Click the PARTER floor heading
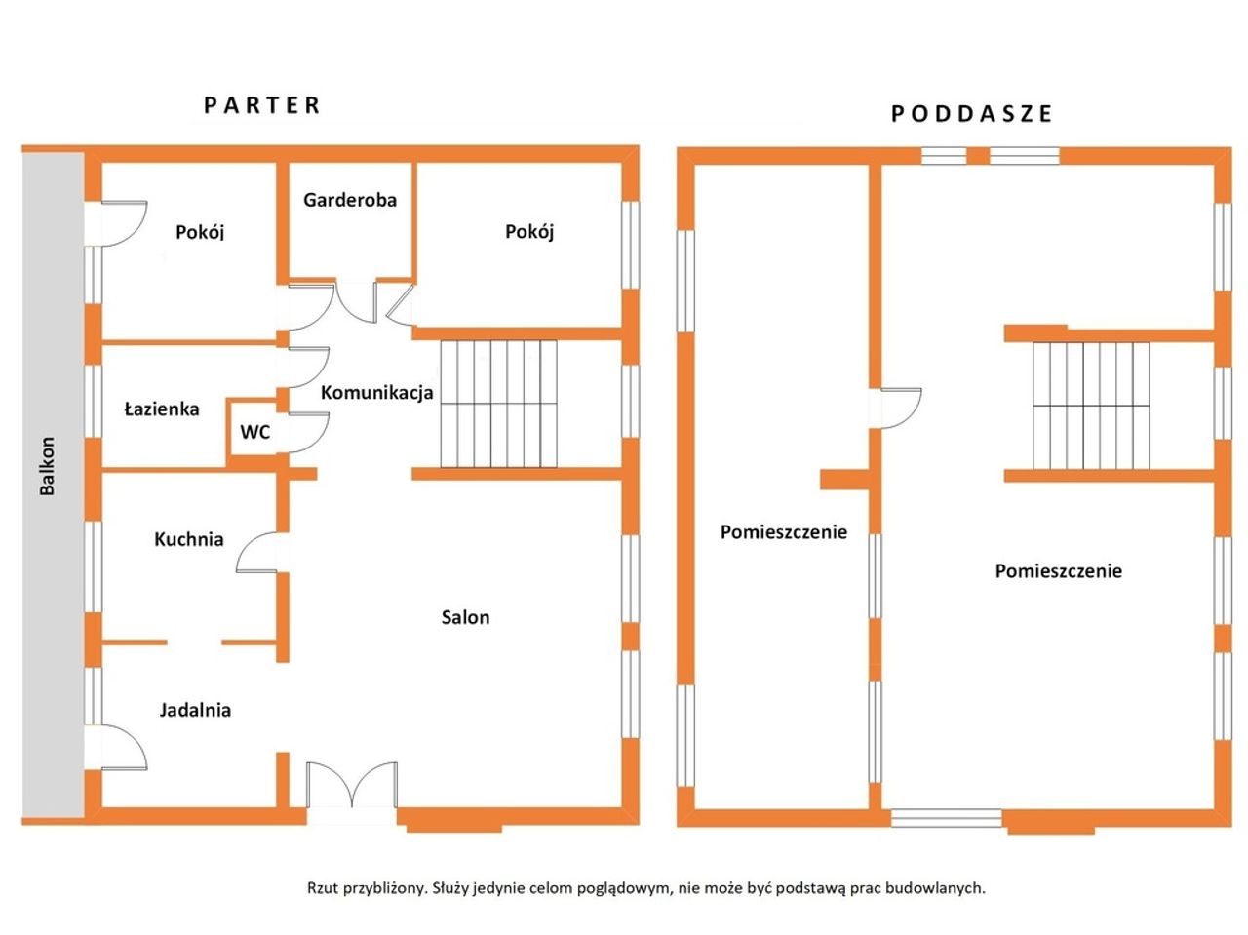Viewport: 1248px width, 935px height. point(261,105)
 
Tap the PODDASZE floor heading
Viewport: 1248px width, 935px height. point(970,114)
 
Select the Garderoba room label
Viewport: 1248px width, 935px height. point(350,200)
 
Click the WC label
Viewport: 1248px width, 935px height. point(254,432)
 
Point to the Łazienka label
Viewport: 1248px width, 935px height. point(162,409)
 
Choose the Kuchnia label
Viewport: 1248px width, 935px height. point(189,539)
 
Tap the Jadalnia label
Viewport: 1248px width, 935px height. point(195,711)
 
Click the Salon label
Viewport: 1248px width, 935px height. point(465,617)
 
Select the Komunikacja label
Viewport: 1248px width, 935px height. point(376,392)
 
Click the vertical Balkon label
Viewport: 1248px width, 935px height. point(47,466)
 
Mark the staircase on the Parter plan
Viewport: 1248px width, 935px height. point(498,404)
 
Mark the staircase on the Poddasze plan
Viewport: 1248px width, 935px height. point(1090,406)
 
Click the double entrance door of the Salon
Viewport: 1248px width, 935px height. point(352,785)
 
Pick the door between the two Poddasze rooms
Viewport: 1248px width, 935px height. point(901,409)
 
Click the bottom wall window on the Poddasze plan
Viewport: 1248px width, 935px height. point(946,818)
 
